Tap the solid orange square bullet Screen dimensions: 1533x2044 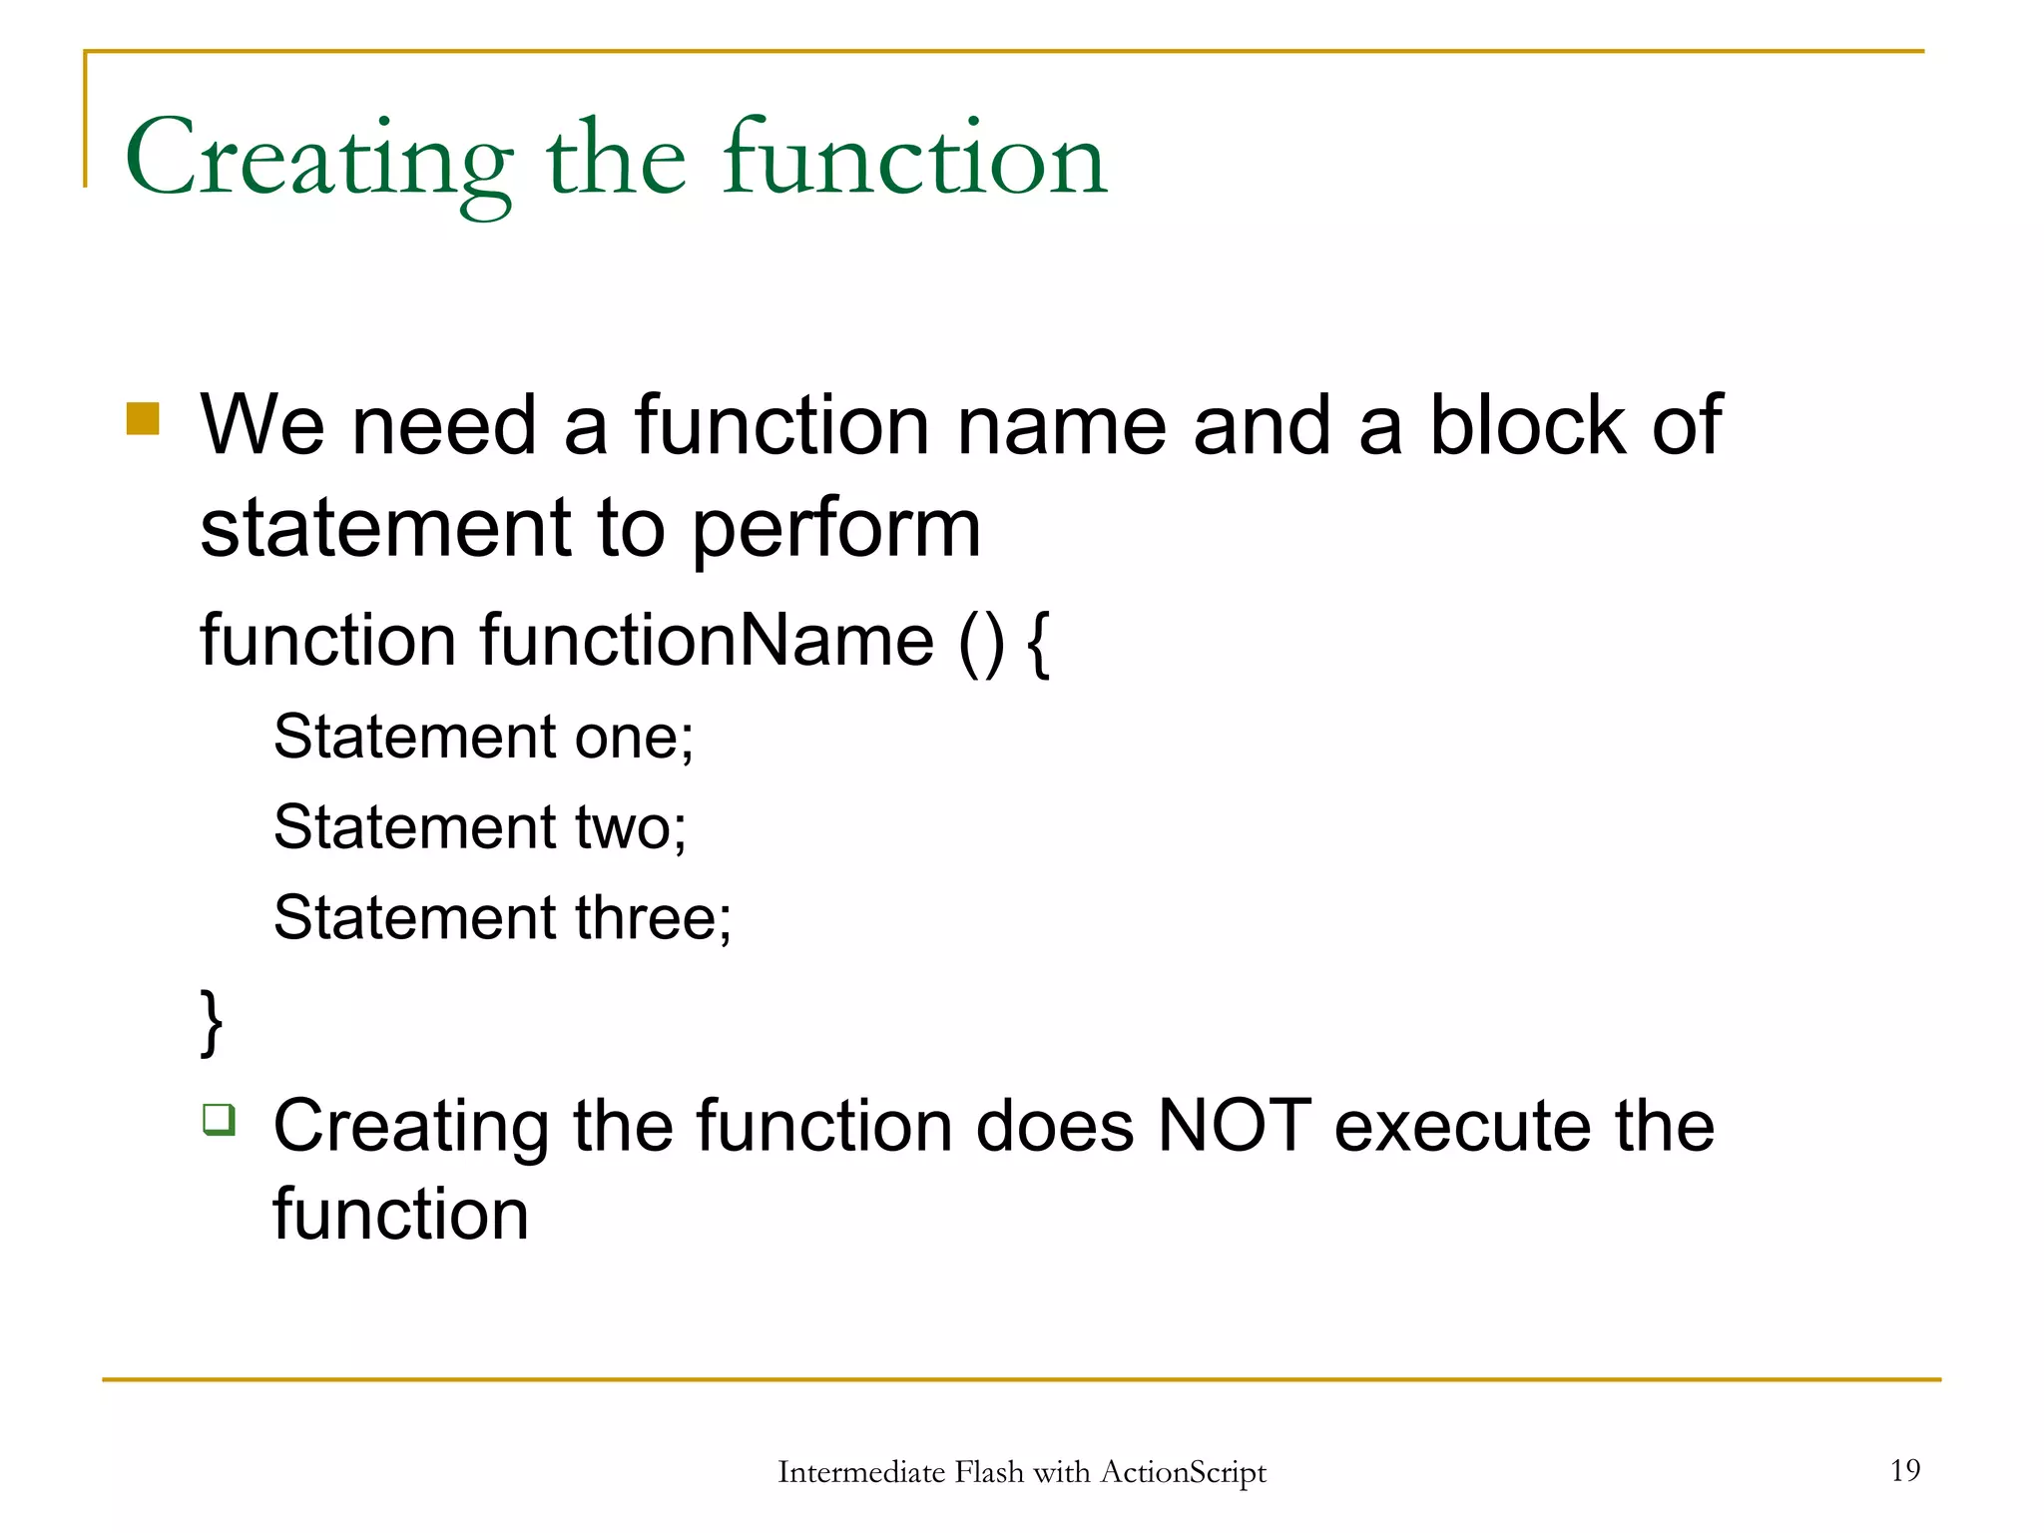click(x=143, y=419)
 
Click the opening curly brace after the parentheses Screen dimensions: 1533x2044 click(x=1038, y=644)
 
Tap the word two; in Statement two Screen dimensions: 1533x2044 click(x=631, y=827)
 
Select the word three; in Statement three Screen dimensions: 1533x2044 click(x=653, y=917)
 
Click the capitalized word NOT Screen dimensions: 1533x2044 click(x=1234, y=1126)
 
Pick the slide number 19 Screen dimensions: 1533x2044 click(x=1904, y=1470)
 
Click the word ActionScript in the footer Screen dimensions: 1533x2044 click(x=1183, y=1472)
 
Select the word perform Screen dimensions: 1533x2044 click(x=835, y=529)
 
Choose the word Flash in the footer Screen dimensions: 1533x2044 click(x=989, y=1472)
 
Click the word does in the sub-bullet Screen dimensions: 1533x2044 click(x=1054, y=1126)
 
